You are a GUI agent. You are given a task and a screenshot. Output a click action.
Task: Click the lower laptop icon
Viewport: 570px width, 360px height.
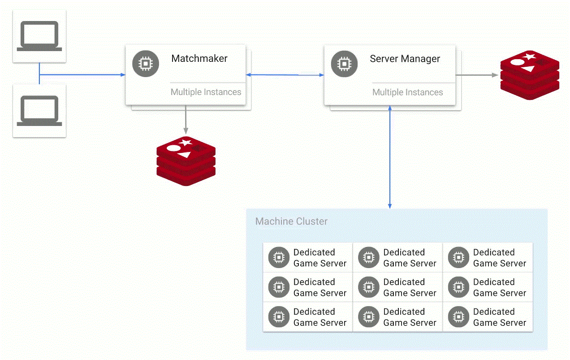[39, 111]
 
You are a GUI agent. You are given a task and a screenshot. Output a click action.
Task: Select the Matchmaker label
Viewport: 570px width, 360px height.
[199, 59]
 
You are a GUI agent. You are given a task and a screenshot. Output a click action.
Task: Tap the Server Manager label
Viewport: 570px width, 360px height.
[405, 59]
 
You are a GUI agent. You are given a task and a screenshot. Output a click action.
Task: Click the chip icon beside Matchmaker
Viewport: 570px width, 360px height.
[145, 64]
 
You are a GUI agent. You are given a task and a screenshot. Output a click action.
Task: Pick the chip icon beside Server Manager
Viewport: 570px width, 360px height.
[344, 64]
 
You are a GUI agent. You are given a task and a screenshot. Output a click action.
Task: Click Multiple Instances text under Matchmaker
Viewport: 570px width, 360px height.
[206, 92]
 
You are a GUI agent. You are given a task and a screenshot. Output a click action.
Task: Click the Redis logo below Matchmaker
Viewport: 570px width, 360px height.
[186, 161]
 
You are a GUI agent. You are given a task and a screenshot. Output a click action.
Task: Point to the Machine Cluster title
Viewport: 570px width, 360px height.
[291, 221]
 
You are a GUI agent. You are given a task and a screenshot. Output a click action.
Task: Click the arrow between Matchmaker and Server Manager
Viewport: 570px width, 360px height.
[285, 75]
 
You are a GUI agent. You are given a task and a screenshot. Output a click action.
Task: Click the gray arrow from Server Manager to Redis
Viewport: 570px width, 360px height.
[477, 75]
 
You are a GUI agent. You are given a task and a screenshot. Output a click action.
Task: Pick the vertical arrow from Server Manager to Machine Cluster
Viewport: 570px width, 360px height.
[390, 157]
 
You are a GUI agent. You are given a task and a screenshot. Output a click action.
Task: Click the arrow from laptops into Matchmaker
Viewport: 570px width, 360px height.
[83, 75]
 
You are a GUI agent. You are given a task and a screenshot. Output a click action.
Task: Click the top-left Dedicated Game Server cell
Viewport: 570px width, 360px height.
[308, 258]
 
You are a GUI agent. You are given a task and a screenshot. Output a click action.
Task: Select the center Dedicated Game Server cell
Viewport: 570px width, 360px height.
[397, 287]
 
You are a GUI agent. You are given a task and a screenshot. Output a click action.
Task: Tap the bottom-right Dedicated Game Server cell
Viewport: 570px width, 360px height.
[488, 317]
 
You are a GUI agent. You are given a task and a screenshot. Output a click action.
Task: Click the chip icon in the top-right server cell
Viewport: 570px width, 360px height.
[458, 257]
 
